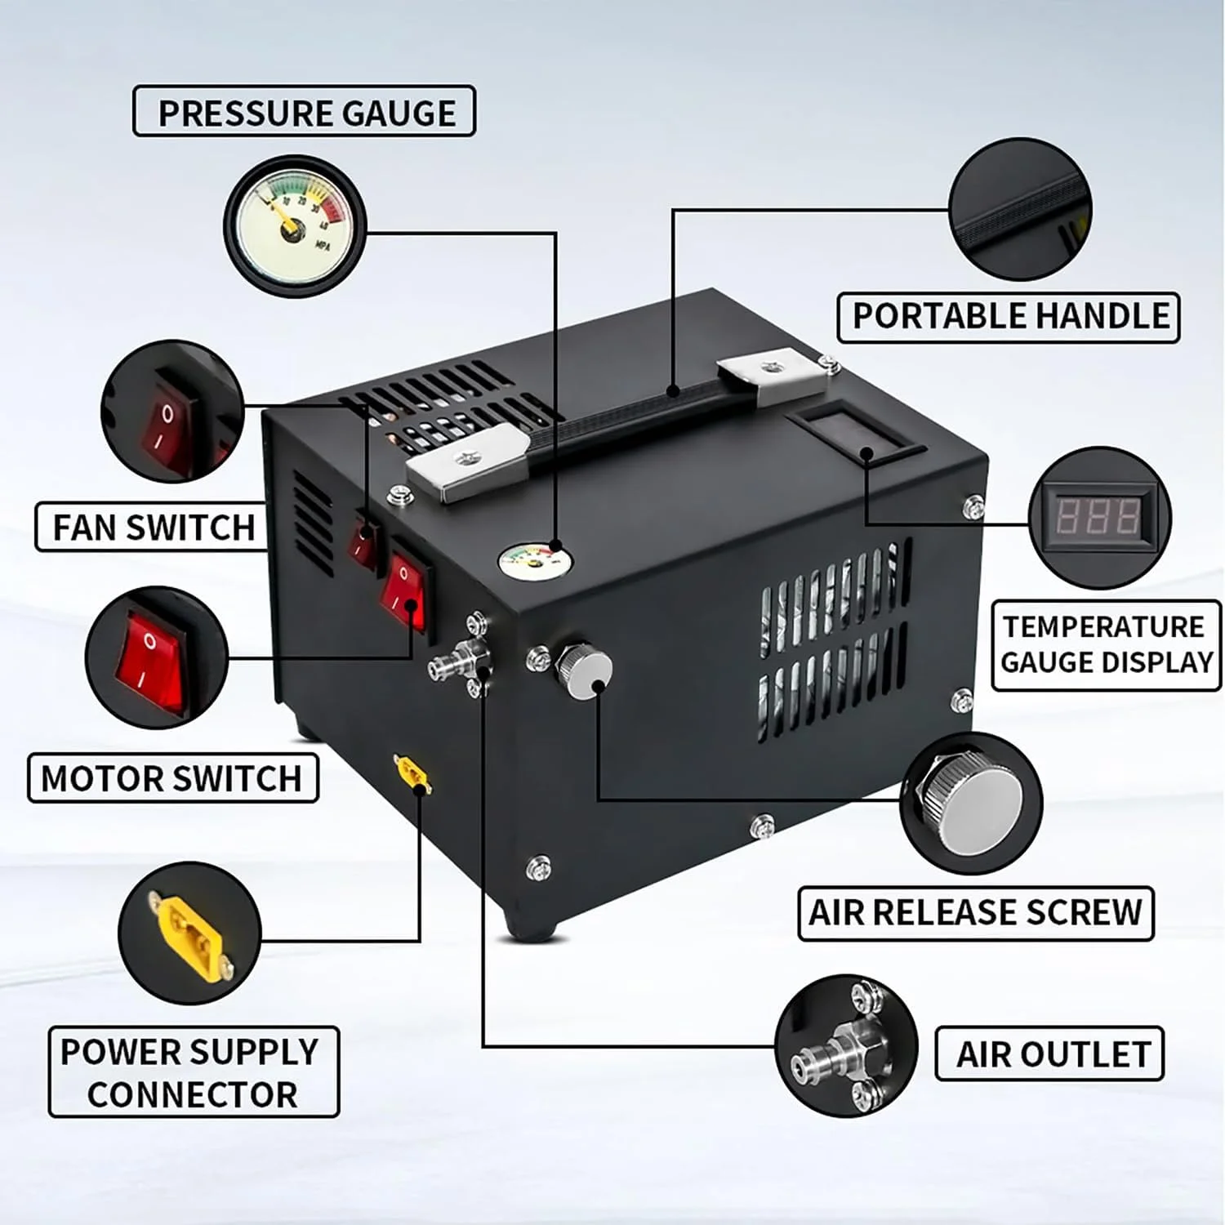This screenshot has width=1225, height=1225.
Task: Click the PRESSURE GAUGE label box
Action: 304,111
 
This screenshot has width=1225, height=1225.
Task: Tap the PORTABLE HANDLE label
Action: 1009,317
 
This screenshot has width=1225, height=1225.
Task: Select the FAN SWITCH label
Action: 153,527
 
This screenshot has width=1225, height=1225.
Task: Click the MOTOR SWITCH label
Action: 172,778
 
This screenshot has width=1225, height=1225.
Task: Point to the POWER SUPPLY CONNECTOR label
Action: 194,1072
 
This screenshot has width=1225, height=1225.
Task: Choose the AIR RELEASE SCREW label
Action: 976,913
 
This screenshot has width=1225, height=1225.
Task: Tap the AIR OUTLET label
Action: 1049,1054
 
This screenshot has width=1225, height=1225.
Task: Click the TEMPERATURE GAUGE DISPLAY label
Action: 1107,645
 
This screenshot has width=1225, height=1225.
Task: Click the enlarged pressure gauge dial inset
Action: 295,226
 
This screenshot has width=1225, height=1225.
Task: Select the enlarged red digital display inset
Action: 1099,517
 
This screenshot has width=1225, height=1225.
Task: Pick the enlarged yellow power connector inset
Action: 189,933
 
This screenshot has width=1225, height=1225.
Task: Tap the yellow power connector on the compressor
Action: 413,773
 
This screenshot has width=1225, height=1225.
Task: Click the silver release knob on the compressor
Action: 586,670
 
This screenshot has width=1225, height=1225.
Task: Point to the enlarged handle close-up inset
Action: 1021,210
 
